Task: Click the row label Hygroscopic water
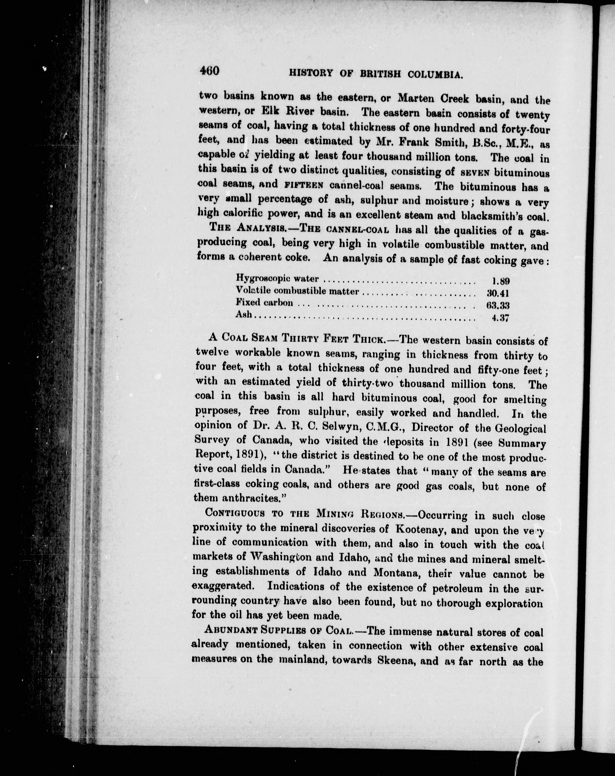pyautogui.click(x=277, y=278)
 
